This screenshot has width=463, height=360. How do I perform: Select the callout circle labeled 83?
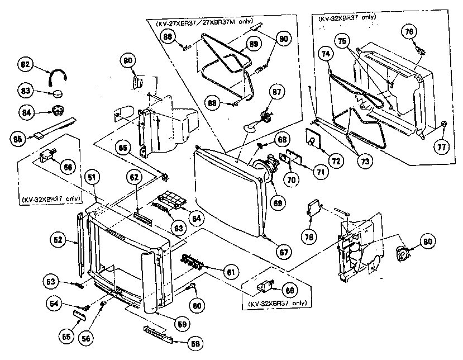coord(25,91)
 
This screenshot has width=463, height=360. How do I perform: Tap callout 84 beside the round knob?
coord(25,111)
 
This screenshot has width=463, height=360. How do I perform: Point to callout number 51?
coord(92,178)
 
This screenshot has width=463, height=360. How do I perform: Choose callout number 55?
coord(67,337)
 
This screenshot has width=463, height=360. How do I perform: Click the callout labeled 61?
coord(230,272)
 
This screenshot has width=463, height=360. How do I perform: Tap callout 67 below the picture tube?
coord(284,252)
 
